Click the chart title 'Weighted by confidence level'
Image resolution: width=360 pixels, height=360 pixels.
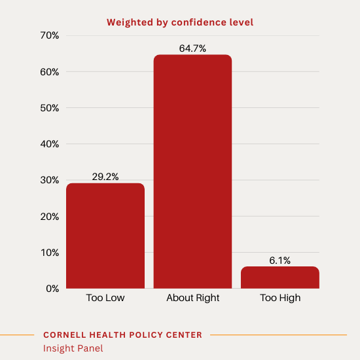(179, 23)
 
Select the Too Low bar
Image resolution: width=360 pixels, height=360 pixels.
(105, 236)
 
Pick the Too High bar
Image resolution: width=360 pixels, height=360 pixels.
(279, 278)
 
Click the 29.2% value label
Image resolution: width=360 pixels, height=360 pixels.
(105, 177)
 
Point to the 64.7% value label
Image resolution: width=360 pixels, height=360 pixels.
(192, 48)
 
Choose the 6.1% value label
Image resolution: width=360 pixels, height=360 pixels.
(279, 261)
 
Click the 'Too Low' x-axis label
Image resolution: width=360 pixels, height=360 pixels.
(105, 298)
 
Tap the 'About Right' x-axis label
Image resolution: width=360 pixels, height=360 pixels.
(192, 298)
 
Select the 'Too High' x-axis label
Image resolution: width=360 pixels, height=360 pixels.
(279, 298)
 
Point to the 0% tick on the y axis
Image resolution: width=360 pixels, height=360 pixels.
(52, 289)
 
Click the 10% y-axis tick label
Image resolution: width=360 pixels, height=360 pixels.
(49, 253)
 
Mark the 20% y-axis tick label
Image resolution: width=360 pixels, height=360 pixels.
(49, 217)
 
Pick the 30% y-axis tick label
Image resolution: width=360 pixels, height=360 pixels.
(49, 180)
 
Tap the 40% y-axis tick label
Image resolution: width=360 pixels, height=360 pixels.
(49, 144)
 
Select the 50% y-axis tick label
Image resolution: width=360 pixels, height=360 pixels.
(49, 108)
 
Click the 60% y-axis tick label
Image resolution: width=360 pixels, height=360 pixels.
(49, 72)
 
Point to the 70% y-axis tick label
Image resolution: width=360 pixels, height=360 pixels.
(49, 35)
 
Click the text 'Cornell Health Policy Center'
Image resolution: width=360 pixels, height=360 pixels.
(122, 335)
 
